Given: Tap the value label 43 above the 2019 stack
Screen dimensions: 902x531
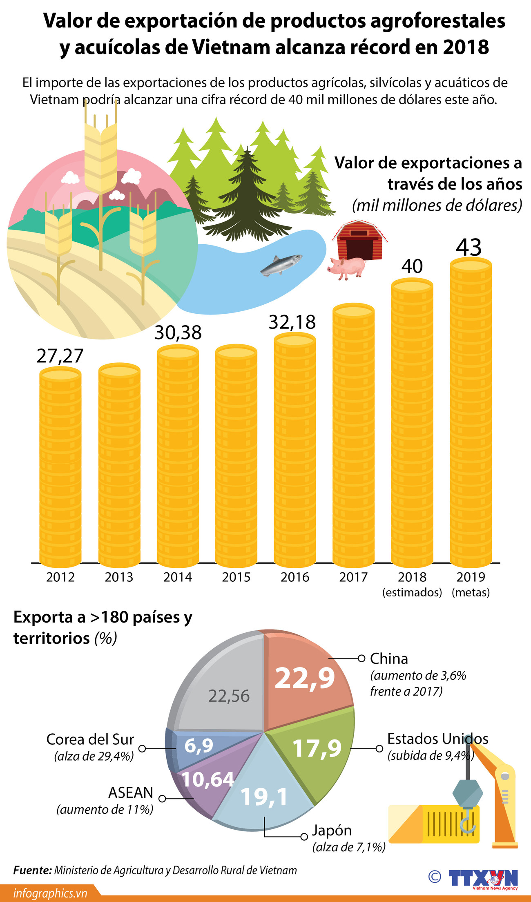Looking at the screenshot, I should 469,247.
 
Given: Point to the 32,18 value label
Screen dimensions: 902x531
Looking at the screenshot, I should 292,322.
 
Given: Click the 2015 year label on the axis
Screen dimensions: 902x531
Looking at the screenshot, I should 236,577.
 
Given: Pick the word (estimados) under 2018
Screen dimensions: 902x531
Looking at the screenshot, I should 412,592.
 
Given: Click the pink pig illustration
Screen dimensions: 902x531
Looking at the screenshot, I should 347,267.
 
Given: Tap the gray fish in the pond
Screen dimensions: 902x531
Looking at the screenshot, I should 281,264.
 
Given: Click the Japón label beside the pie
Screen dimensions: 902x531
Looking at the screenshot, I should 332,831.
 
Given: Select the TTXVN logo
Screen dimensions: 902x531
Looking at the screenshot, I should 483,877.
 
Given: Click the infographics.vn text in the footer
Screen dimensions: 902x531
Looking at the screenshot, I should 50,893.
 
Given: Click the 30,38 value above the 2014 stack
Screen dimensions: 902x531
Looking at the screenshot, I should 178,333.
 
